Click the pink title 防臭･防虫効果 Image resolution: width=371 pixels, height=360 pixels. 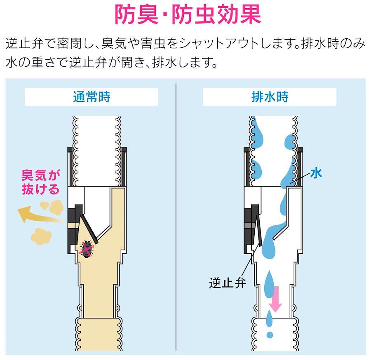[188, 15]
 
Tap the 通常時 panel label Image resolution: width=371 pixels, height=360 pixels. [92, 97]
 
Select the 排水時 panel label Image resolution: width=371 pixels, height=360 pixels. [270, 97]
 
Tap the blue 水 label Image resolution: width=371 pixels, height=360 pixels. [316, 173]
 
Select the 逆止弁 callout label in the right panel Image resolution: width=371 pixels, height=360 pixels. [228, 283]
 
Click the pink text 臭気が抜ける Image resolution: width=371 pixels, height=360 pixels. [40, 182]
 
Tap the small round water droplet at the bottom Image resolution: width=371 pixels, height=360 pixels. [270, 334]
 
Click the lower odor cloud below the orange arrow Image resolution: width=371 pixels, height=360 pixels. [41, 236]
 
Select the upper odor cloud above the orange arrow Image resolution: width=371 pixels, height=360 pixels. [52, 207]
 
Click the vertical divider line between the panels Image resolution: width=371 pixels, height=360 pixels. [176, 217]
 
